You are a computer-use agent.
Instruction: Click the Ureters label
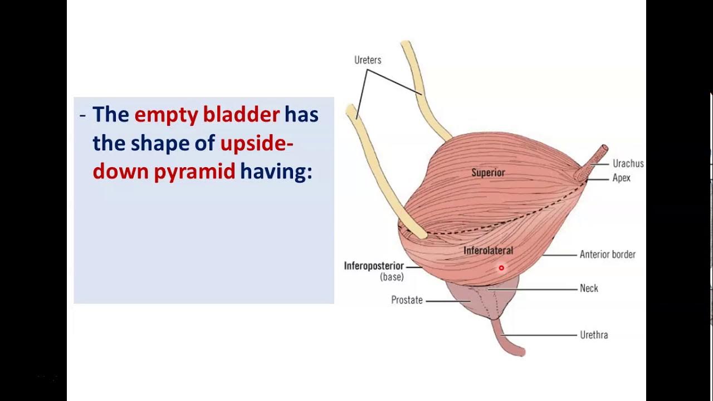click(368, 60)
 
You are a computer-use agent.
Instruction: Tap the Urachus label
click(628, 164)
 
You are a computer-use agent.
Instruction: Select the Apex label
click(621, 178)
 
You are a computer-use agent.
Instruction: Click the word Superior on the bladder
click(488, 173)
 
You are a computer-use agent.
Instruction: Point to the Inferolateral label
click(488, 251)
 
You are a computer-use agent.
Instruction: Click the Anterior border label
click(607, 255)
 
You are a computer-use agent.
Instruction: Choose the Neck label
click(589, 288)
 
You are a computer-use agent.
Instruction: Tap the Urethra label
click(594, 335)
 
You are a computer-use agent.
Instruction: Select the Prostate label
click(407, 301)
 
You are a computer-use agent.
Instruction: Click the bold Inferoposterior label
click(374, 266)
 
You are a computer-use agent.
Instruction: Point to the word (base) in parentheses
click(392, 277)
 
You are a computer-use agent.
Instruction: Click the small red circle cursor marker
click(501, 268)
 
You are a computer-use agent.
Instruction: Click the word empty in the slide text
click(166, 115)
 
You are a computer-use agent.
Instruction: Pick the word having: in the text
click(276, 172)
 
